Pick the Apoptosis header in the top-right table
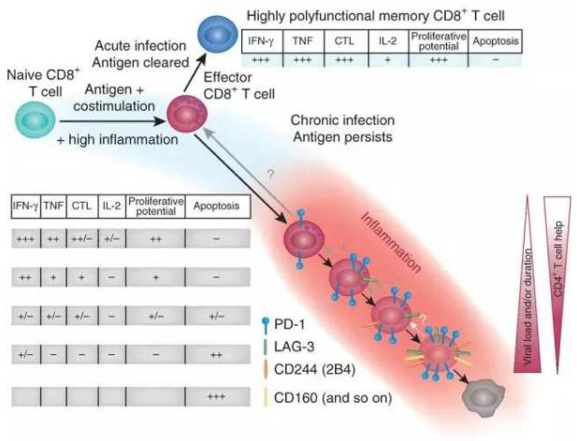click(497, 42)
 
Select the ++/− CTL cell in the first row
click(82, 238)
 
